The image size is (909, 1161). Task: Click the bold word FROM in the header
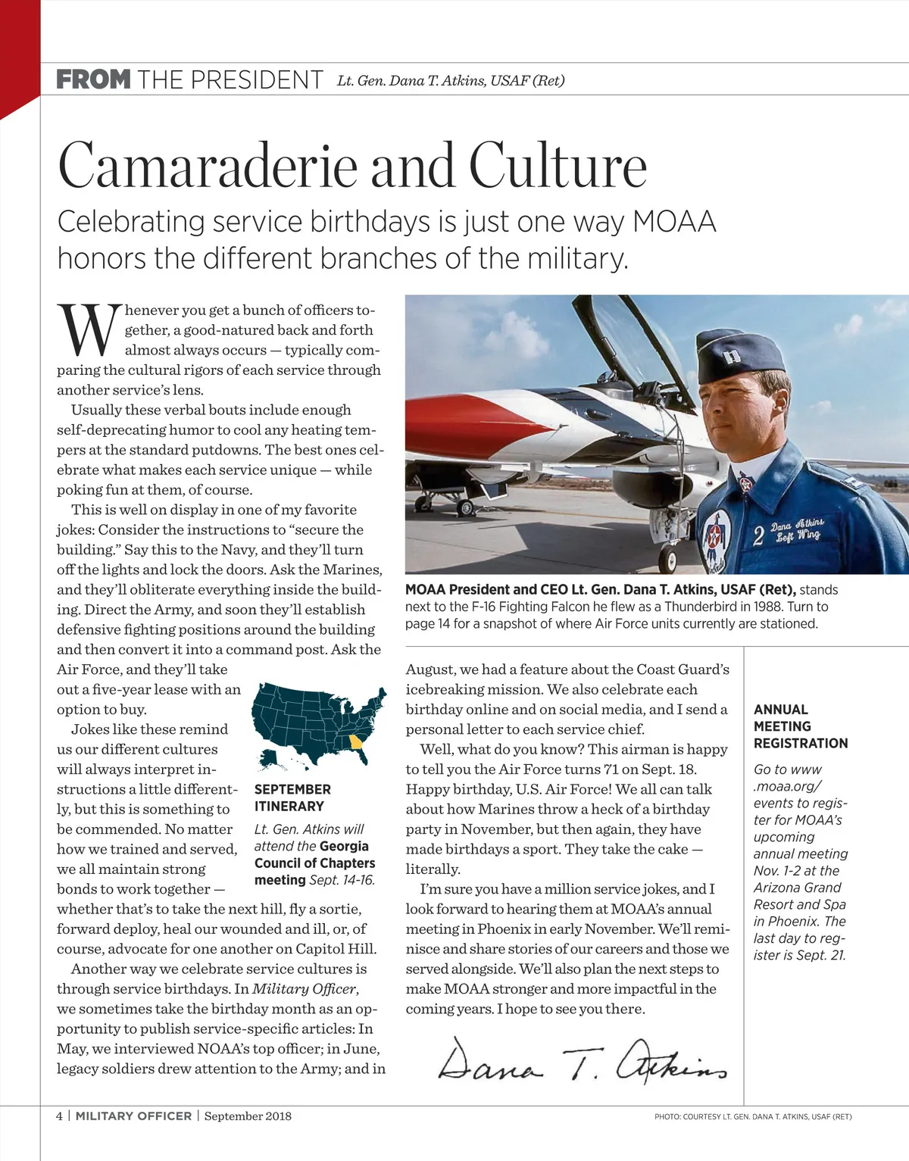point(93,80)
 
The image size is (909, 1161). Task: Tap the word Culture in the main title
point(558,166)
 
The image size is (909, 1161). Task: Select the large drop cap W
point(89,331)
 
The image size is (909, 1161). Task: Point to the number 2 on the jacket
point(757,536)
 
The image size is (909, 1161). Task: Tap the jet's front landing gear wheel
point(668,560)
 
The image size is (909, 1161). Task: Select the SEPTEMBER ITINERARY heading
point(292,797)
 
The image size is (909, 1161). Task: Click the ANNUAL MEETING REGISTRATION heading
point(800,726)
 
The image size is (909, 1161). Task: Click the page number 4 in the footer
point(60,1116)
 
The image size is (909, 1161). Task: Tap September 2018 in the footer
point(248,1116)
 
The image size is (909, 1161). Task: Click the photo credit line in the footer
point(753,1116)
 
